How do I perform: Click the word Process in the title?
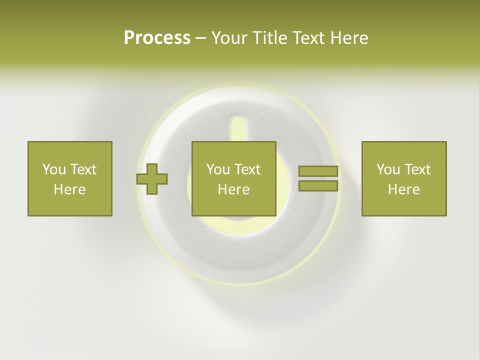157,38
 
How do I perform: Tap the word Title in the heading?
268,38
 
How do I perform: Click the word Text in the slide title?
306,38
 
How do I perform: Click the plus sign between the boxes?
152,179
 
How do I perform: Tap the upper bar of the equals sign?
318,171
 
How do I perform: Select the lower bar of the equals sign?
318,186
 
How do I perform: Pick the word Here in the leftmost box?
69,189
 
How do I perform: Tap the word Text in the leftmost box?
82,169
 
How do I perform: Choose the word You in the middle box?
218,169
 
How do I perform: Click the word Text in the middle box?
247,169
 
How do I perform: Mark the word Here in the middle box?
233,189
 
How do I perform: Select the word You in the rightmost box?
388,169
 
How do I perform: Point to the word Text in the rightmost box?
417,169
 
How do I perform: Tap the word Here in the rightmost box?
403,189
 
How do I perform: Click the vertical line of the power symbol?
238,128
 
